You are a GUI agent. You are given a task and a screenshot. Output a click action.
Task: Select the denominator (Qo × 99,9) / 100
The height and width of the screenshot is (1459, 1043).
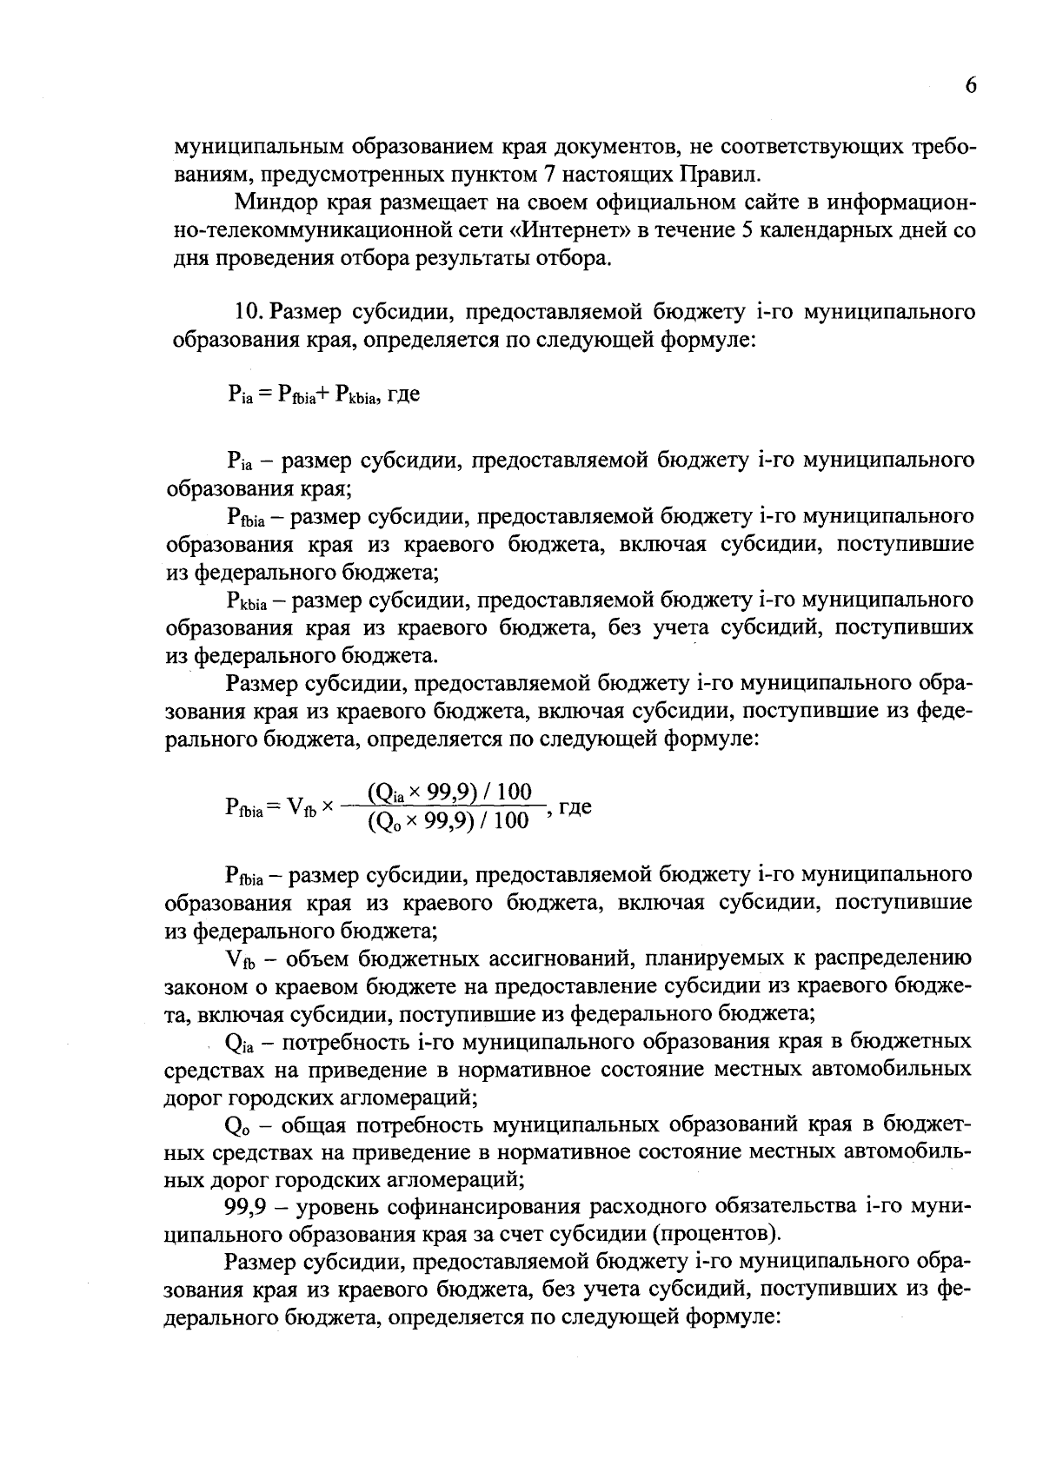pos(448,821)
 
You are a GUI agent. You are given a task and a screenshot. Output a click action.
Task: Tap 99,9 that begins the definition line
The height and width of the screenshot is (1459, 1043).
pos(244,1208)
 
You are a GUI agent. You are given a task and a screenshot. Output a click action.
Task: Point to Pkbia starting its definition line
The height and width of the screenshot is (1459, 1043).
pos(249,601)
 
